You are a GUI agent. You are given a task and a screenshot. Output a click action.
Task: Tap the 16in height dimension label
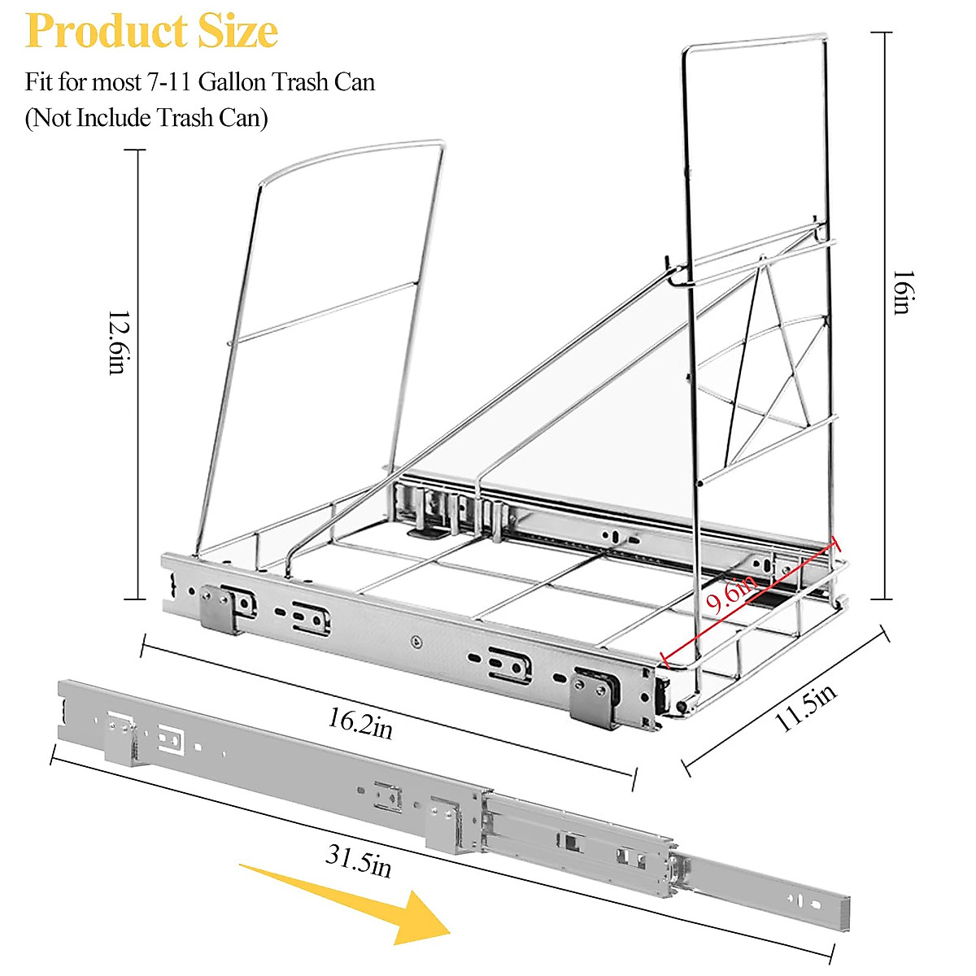(x=901, y=292)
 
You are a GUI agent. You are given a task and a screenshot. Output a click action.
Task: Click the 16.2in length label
(x=360, y=722)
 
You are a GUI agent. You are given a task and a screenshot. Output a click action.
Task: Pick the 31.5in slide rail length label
(x=358, y=861)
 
